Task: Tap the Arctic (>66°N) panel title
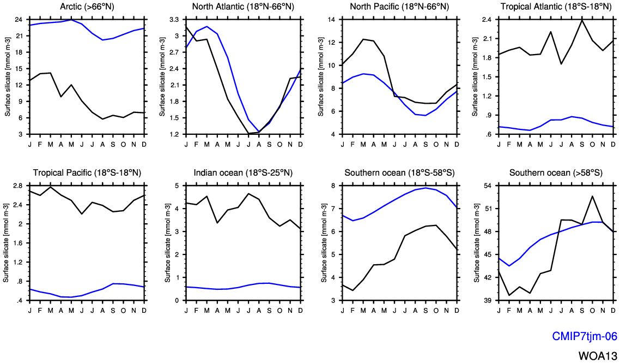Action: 87,7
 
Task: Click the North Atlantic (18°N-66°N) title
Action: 243,7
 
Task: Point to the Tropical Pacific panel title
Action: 87,173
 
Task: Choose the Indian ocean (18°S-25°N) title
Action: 243,173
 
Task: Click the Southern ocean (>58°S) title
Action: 556,173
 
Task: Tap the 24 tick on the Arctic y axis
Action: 18,20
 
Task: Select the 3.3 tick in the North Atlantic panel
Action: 174,20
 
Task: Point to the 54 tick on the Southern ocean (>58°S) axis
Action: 488,186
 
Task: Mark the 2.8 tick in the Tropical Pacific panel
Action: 17,186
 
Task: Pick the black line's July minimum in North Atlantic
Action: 249,133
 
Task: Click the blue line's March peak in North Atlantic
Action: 207,26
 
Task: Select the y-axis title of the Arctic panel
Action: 7,76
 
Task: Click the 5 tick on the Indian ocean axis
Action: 177,186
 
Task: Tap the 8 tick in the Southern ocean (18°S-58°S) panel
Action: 334,186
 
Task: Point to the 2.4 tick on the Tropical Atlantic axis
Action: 487,20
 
